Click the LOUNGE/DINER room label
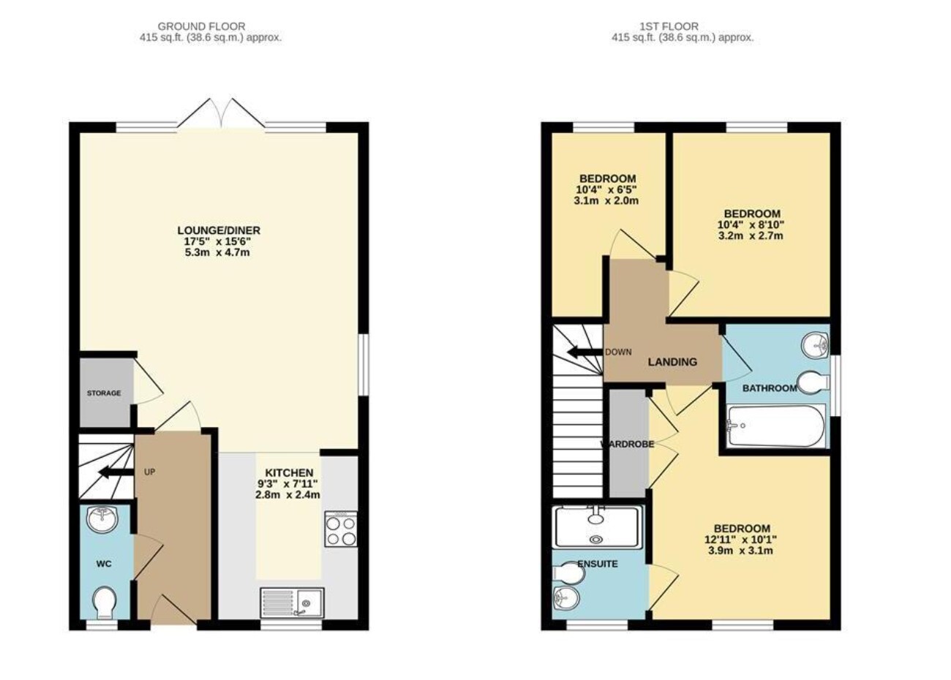click(x=219, y=230)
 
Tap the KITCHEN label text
click(x=289, y=472)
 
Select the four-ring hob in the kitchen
click(x=340, y=529)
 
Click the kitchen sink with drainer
click(x=292, y=602)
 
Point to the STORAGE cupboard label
click(x=104, y=393)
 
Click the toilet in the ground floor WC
click(x=105, y=602)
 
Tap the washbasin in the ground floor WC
click(x=102, y=519)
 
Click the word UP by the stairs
click(x=149, y=472)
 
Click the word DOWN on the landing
click(x=618, y=352)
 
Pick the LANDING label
click(x=672, y=362)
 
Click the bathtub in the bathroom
click(x=776, y=426)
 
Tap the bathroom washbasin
click(x=815, y=346)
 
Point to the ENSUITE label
click(x=598, y=564)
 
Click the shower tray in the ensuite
click(x=598, y=528)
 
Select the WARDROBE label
click(x=627, y=445)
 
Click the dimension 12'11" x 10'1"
click(x=741, y=540)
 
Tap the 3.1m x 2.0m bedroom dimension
click(x=606, y=201)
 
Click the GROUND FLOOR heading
click(x=201, y=27)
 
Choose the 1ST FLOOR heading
click(x=669, y=27)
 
